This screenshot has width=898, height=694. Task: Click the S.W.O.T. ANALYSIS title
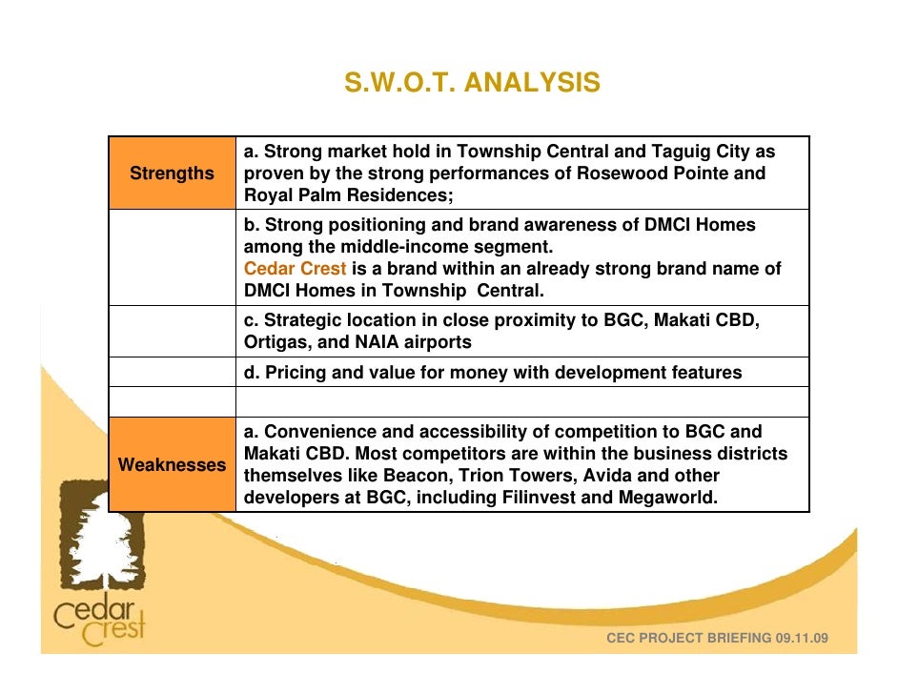click(472, 84)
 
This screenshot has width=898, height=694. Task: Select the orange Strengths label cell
click(173, 173)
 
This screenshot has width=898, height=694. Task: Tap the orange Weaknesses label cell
click(173, 465)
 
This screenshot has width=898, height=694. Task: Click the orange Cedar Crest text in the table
click(295, 269)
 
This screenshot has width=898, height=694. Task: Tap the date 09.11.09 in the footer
click(803, 637)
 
